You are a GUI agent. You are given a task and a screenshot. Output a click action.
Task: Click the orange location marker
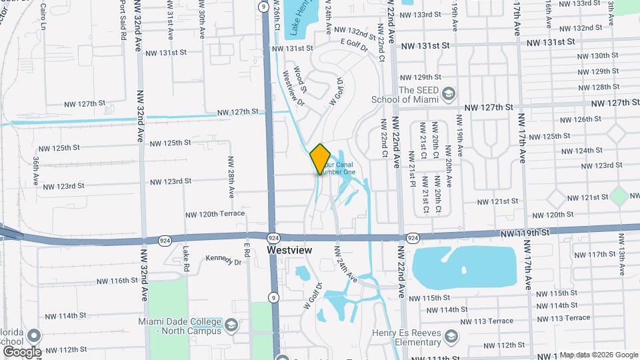click(320, 159)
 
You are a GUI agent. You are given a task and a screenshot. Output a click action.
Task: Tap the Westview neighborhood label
click(289, 250)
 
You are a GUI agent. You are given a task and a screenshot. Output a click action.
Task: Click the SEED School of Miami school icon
click(448, 93)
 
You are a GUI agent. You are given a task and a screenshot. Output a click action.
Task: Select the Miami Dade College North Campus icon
click(231, 325)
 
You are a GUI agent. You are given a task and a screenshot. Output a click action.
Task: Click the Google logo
click(22, 351)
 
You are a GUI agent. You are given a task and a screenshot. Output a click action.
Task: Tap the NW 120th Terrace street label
click(215, 214)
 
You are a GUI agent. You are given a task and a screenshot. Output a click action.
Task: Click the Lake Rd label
click(187, 257)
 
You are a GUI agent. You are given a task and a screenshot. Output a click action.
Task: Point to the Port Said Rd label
click(123, 21)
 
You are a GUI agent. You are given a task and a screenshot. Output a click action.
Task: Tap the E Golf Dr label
click(355, 42)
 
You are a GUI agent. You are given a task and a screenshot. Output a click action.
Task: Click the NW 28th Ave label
click(231, 177)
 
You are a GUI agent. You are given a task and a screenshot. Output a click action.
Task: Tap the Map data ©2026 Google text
click(598, 355)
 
